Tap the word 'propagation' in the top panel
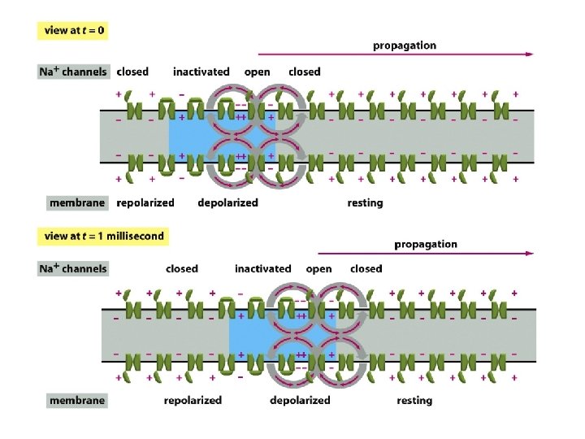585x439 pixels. point(404,46)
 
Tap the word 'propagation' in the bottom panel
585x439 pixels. point(425,244)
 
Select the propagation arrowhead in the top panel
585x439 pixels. point(530,54)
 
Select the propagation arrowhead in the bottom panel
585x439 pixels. point(530,254)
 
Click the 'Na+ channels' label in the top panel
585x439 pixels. point(73,72)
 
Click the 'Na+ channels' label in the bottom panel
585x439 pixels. point(73,268)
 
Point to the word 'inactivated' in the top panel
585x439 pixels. point(201,72)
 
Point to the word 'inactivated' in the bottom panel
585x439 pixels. point(262,268)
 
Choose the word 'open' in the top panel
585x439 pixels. point(257,72)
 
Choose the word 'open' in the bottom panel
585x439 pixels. point(318,268)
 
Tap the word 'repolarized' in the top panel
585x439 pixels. point(145,202)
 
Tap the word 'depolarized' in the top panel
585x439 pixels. point(227,202)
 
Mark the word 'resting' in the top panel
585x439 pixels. point(365,202)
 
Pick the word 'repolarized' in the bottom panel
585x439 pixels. point(193,400)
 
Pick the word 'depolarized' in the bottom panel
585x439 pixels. point(300,400)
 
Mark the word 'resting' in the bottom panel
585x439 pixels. point(414,400)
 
